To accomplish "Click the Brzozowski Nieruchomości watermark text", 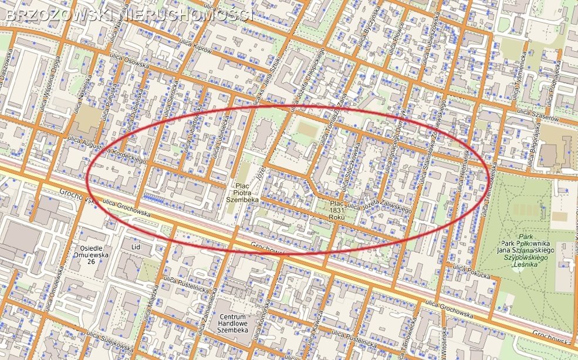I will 129,14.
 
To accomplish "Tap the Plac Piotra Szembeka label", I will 242,192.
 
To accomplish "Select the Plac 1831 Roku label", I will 337,210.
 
